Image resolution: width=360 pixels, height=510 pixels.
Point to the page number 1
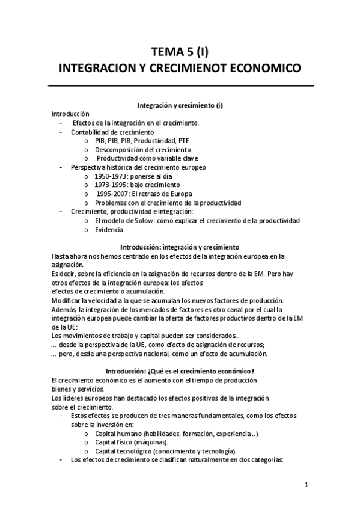pos(306,484)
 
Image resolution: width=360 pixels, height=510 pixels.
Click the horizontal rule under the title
pos(180,85)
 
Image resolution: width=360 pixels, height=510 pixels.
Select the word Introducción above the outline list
pos(70,114)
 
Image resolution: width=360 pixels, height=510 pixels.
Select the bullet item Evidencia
pos(109,230)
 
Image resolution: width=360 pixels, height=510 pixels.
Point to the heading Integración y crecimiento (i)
pos(180,105)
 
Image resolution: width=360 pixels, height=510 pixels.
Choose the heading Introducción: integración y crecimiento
pos(180,247)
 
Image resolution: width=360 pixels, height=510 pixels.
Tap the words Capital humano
pos(115,434)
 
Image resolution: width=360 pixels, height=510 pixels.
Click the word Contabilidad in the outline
pos(89,132)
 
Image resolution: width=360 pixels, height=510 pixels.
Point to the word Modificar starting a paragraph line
pos(67,301)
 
